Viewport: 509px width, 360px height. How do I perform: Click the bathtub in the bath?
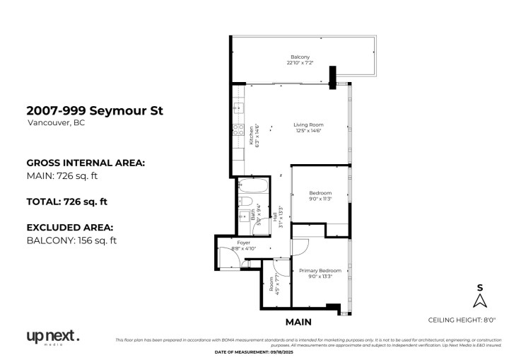pyautogui.click(x=252, y=189)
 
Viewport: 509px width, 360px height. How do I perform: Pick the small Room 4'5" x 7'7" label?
pyautogui.click(x=272, y=284)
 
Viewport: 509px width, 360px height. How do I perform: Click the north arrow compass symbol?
pyautogui.click(x=480, y=301)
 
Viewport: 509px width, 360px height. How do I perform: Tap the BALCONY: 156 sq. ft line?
pyautogui.click(x=71, y=240)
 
